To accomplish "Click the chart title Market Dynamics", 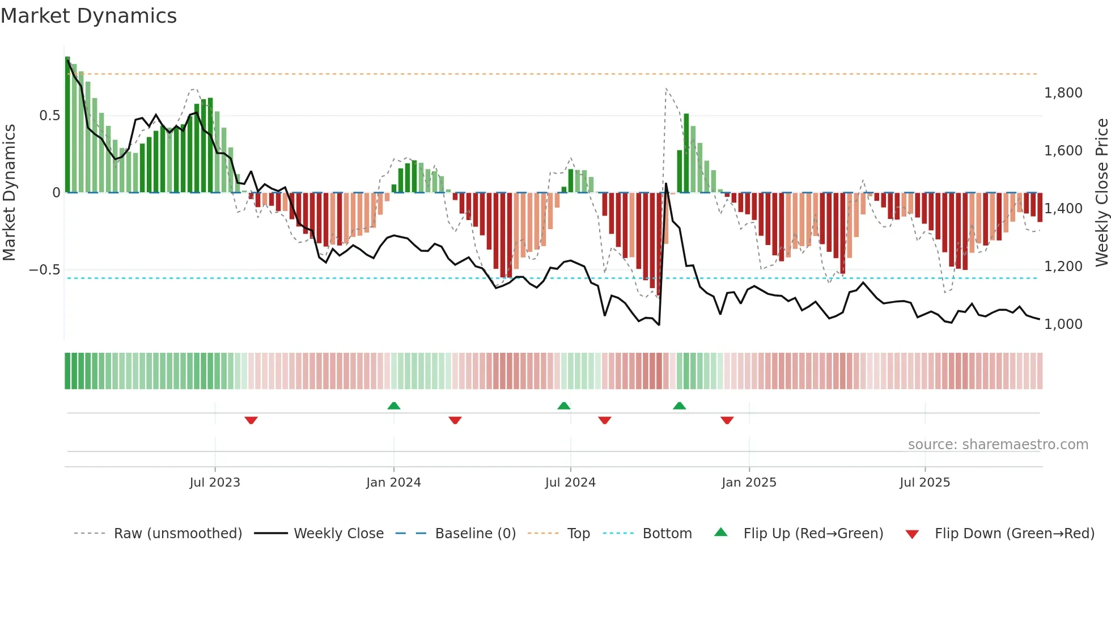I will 88,16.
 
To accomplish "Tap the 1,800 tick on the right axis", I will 1063,93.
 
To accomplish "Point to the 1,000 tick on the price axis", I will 1063,324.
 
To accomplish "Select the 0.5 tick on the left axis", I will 49,116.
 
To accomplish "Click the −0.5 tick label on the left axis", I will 45,270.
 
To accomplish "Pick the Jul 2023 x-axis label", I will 215,483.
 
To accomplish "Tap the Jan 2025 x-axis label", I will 749,483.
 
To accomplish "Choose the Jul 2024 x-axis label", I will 570,483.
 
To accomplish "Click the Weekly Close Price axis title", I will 1101,193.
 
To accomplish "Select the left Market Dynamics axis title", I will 9,193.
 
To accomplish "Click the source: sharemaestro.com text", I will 998,445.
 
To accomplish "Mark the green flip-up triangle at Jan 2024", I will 394,406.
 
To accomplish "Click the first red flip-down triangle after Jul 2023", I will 251,420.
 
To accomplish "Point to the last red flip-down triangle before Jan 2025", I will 727,420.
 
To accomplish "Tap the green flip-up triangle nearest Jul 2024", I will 563,406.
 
